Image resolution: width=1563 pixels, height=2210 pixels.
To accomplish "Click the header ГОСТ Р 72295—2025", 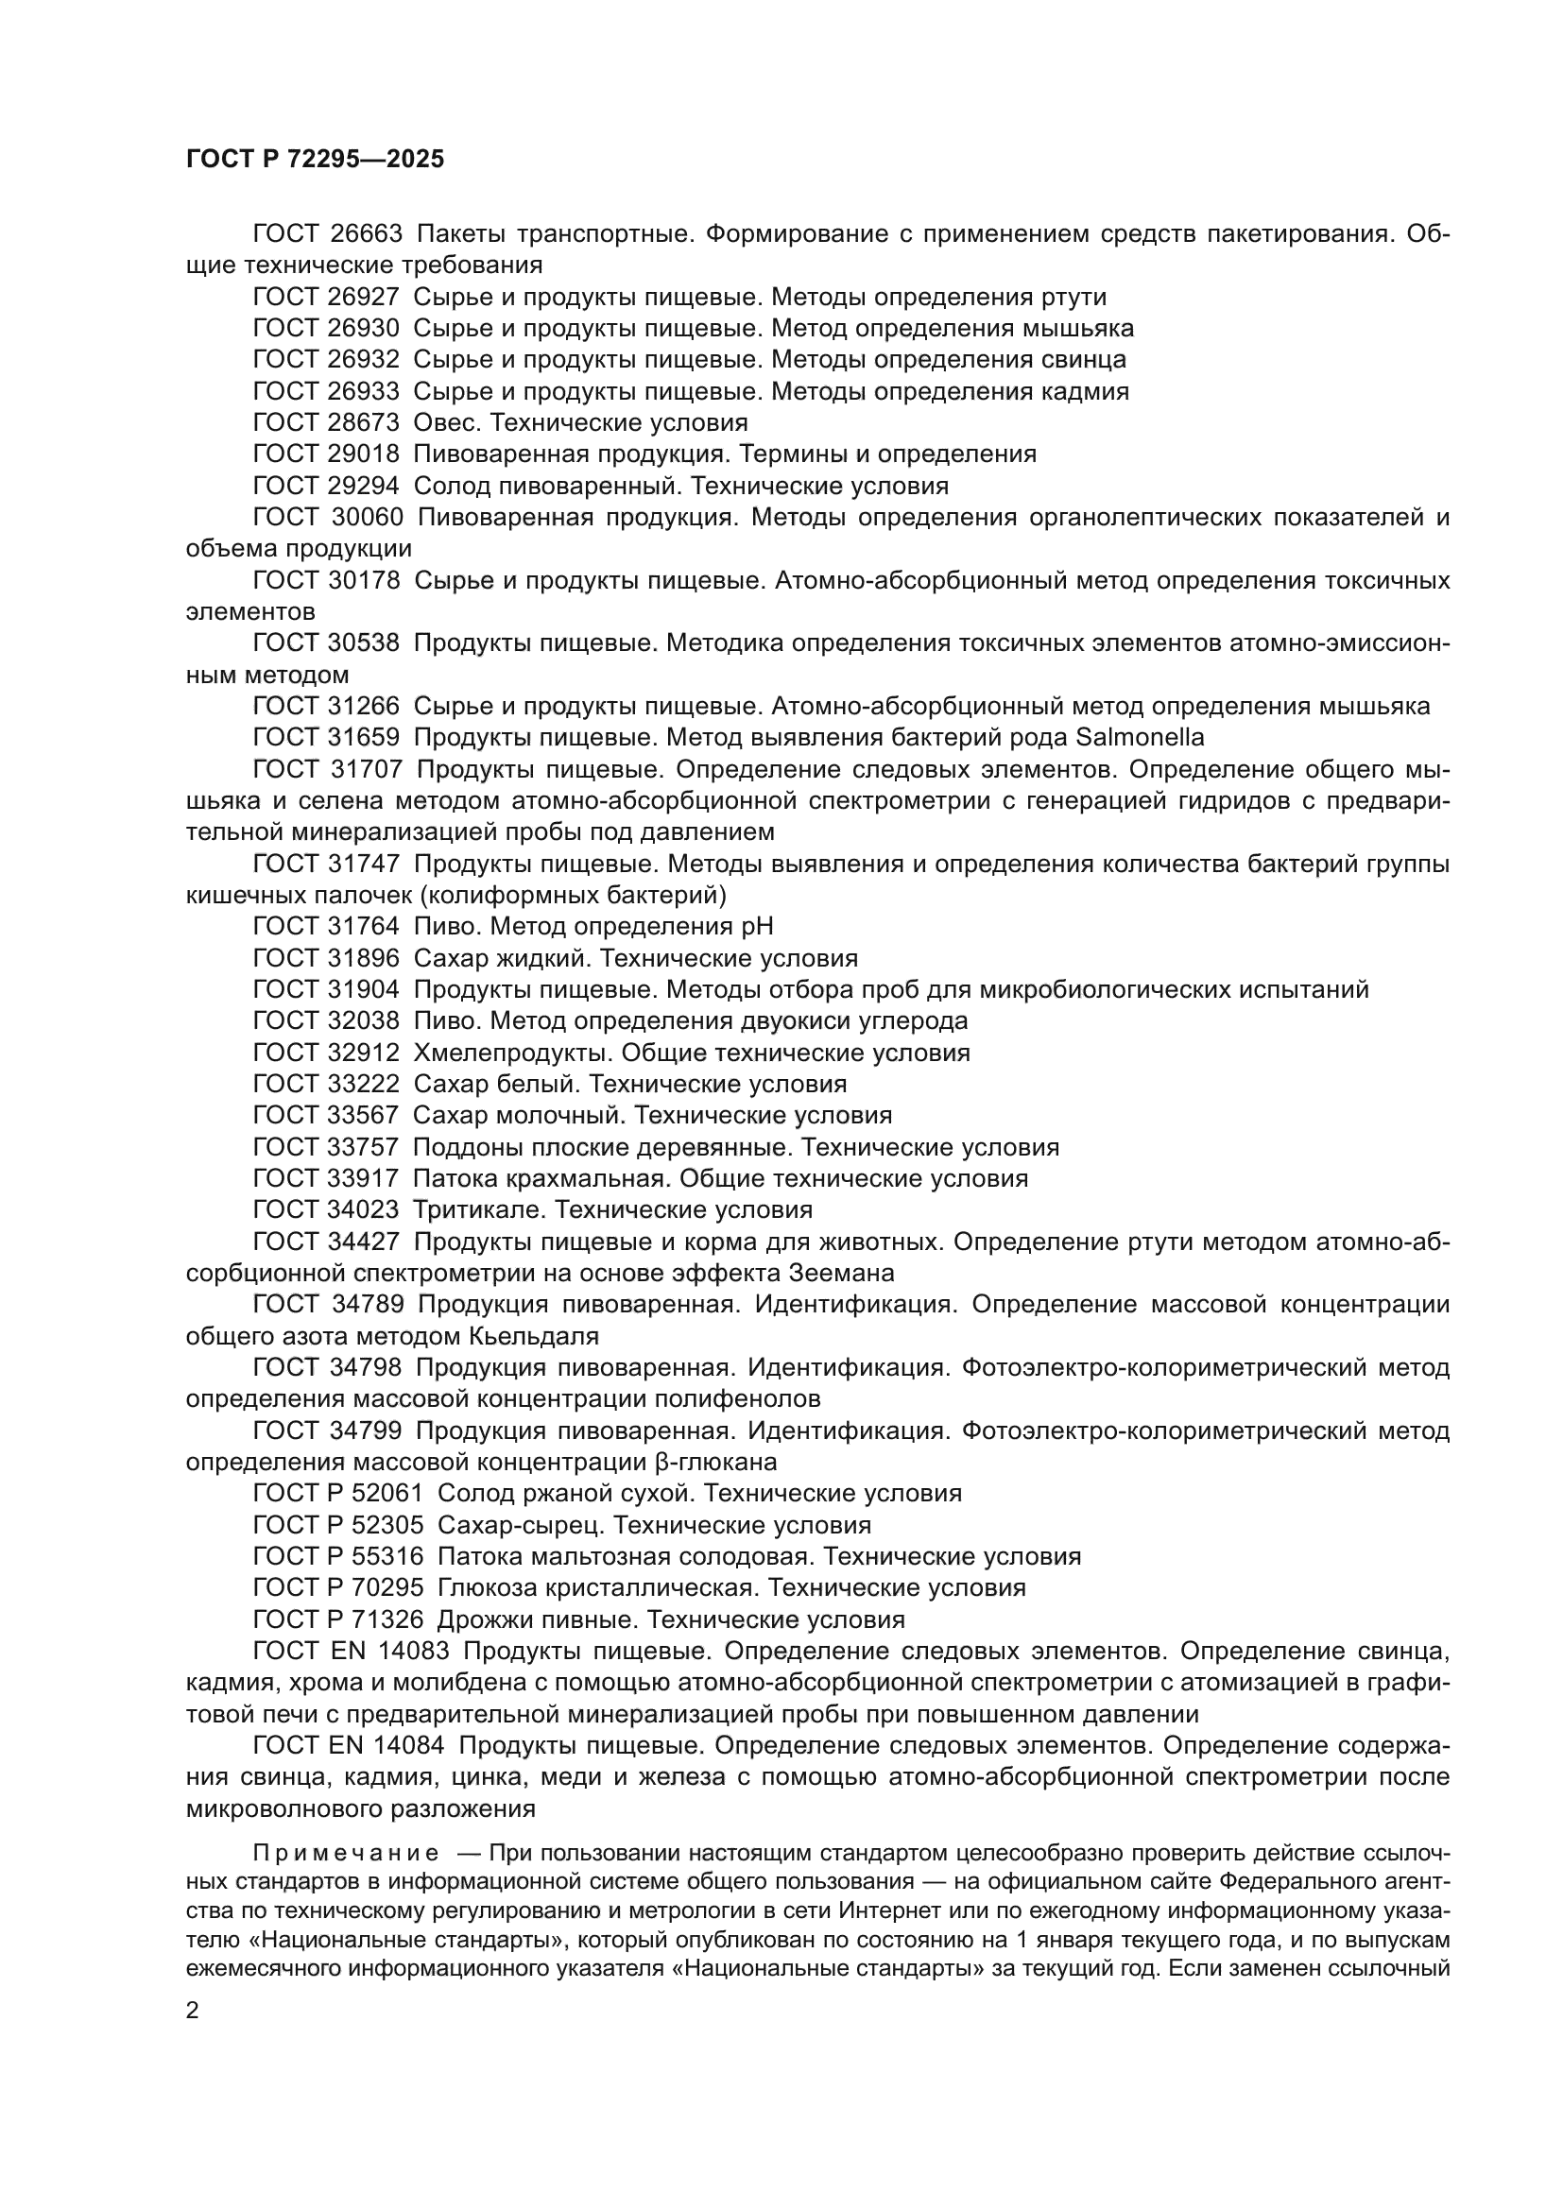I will click(315, 160).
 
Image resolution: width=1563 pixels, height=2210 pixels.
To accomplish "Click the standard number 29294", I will click(363, 485).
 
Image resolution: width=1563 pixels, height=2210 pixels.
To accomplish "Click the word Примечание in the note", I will click(347, 1853).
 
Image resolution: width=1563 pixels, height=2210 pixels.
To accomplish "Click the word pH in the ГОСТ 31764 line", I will click(756, 926).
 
